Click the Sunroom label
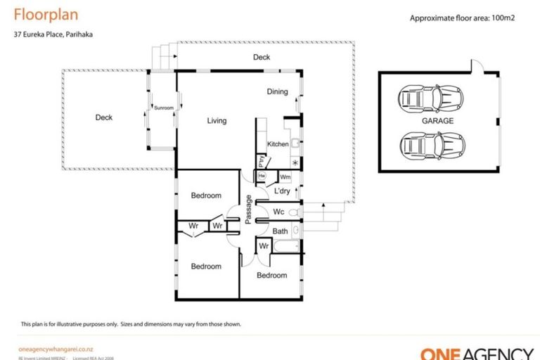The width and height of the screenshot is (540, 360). pyautogui.click(x=163, y=108)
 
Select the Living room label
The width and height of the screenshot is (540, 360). pyautogui.click(x=217, y=121)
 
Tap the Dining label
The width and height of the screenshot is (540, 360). pyautogui.click(x=277, y=91)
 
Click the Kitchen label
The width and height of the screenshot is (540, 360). pyautogui.click(x=277, y=144)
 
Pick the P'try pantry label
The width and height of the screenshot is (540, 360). pyautogui.click(x=261, y=160)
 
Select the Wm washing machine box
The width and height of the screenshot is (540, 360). pyautogui.click(x=285, y=177)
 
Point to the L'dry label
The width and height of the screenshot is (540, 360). pyautogui.click(x=282, y=191)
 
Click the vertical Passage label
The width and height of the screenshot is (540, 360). pyautogui.click(x=248, y=210)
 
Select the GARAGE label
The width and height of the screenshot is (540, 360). pyautogui.click(x=437, y=121)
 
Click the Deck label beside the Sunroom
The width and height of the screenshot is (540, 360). pyautogui.click(x=104, y=118)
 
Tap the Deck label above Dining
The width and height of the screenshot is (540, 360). pyautogui.click(x=262, y=58)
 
